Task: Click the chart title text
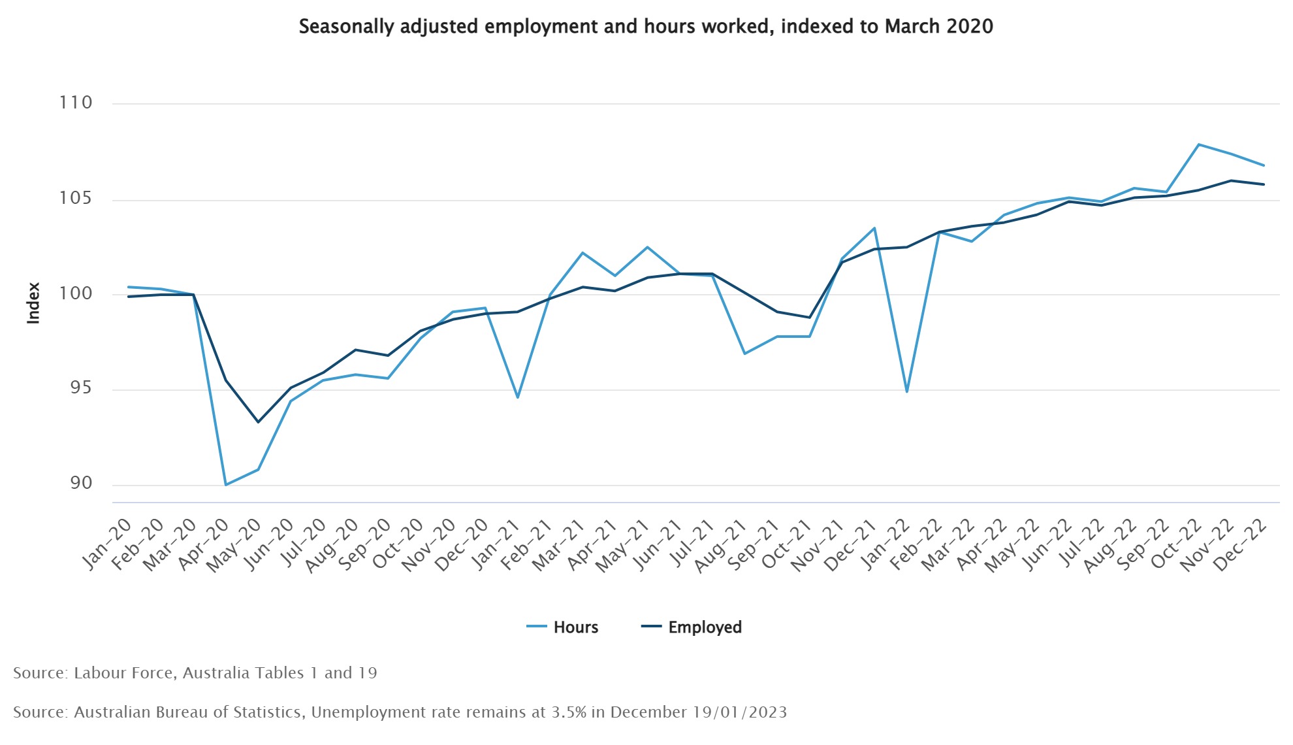click(646, 27)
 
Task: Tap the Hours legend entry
click(563, 627)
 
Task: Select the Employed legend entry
click(692, 627)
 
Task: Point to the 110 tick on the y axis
click(76, 103)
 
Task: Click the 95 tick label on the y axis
click(82, 388)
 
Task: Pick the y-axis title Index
click(33, 303)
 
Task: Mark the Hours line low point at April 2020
click(225, 485)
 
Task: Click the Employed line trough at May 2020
click(258, 422)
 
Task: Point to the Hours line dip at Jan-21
click(517, 397)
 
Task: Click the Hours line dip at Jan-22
click(907, 391)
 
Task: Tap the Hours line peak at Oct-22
click(1198, 144)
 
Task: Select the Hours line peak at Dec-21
click(874, 228)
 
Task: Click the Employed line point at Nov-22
click(1231, 180)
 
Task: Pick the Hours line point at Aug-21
click(744, 354)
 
